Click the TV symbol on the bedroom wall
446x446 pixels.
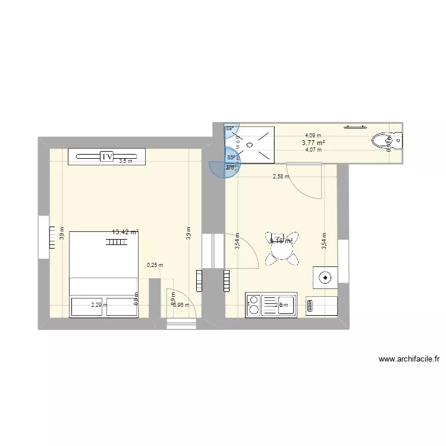pos(107,156)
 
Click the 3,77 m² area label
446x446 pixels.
pos(313,143)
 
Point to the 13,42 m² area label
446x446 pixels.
pos(125,233)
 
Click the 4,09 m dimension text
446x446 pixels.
pos(313,136)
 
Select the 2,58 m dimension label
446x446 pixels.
pos(281,176)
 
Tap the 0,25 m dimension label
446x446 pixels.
pos(155,266)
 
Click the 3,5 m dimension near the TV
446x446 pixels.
pos(125,161)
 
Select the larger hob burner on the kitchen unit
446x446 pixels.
pos(253,309)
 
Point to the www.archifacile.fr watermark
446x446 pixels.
pos(409,359)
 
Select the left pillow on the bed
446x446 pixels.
pos(88,307)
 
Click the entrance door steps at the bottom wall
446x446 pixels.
pos(181,324)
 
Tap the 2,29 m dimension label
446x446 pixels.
pos(99,305)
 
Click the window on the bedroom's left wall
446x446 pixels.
pos(43,237)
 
